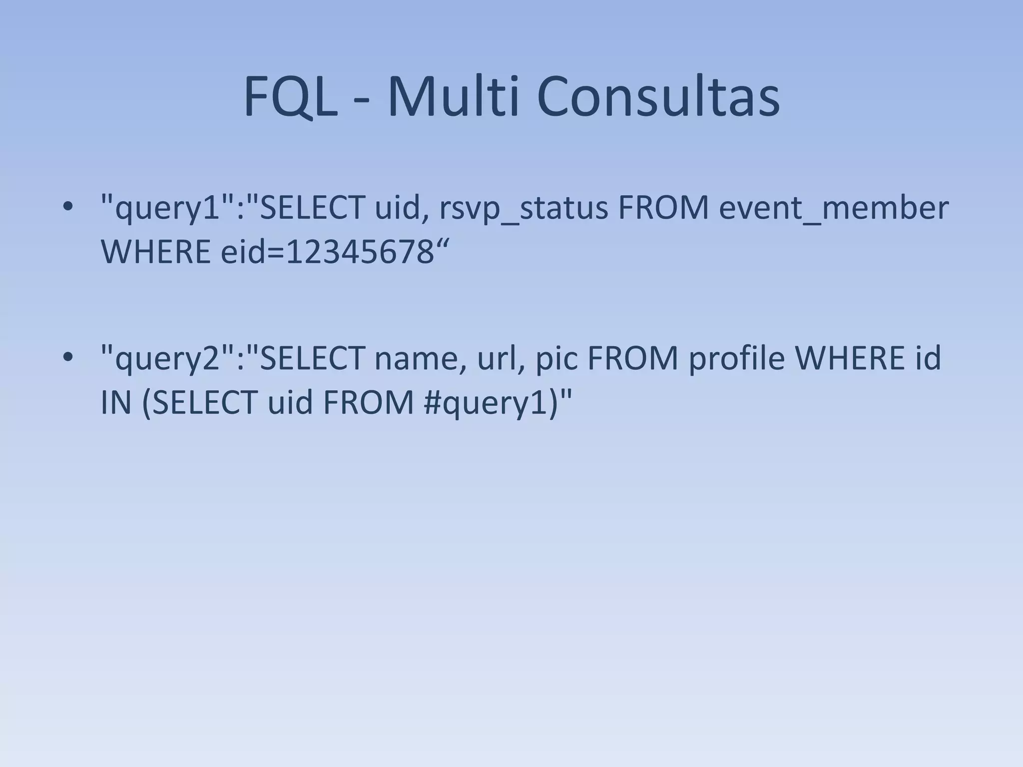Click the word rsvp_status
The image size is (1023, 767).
(523, 208)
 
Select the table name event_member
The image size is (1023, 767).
(833, 208)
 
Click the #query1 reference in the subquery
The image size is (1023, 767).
(485, 403)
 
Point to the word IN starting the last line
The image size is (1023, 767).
(115, 403)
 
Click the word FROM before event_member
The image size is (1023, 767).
(663, 208)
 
